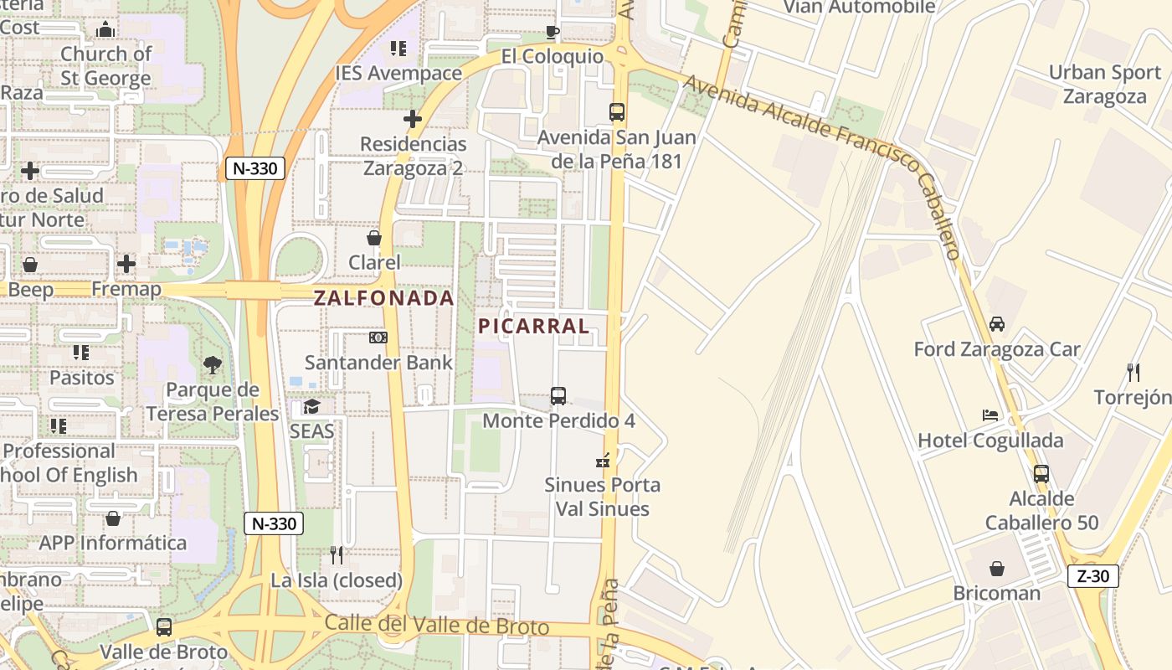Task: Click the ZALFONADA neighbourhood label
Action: pos(383,297)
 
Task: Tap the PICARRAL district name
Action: pos(534,326)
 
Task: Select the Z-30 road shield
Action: pos(1093,576)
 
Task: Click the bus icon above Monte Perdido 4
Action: pos(558,395)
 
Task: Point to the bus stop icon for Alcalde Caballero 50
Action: pos(1041,473)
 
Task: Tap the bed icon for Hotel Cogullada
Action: pos(990,415)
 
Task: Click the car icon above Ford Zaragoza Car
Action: pos(997,323)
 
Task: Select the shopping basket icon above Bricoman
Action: pos(997,569)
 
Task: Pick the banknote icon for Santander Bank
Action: pos(378,338)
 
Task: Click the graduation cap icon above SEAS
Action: pos(312,406)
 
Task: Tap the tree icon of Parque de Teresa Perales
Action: pos(213,364)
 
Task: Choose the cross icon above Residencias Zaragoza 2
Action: pos(413,119)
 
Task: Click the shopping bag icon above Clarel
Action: pos(374,238)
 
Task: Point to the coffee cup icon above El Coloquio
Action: pos(552,32)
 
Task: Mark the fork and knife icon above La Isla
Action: pos(337,554)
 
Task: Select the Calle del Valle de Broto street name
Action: pos(436,625)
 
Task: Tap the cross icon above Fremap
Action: pos(126,264)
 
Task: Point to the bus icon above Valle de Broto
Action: pos(164,626)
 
